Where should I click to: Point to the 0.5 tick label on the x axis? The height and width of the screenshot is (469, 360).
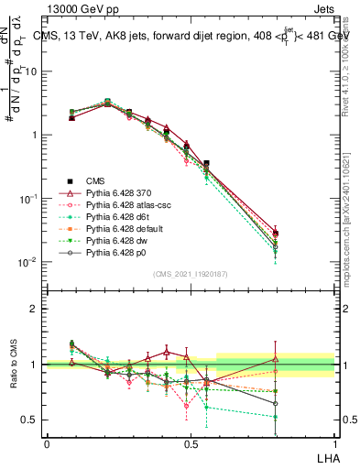click(x=191, y=442)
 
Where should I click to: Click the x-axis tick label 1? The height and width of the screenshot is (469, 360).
click(x=334, y=442)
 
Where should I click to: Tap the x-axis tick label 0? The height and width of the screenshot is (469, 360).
click(x=47, y=442)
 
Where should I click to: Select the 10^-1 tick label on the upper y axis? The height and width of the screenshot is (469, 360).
click(x=29, y=199)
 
